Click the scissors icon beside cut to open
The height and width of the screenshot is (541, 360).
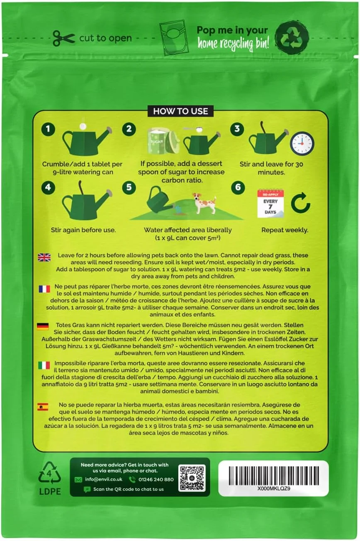[63, 38]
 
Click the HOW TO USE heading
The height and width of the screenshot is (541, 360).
[180, 111]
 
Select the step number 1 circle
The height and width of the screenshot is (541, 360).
[48, 129]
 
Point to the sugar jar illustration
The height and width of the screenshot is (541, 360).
[163, 141]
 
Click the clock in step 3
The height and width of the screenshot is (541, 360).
[302, 143]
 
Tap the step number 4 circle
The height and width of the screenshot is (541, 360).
[48, 187]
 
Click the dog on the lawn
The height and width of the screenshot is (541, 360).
[204, 203]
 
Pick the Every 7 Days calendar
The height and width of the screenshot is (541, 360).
[270, 204]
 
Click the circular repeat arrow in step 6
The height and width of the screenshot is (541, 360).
[300, 204]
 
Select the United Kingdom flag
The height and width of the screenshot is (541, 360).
[44, 257]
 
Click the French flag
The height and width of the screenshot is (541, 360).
[44, 289]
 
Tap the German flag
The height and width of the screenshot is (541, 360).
[43, 327]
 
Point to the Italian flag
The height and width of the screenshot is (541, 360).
[44, 365]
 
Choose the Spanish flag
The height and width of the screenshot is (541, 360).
[43, 407]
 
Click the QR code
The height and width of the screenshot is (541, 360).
[192, 478]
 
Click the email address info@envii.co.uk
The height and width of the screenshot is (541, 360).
[103, 479]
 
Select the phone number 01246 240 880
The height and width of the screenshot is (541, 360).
[156, 479]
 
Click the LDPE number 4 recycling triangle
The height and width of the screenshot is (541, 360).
[49, 474]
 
